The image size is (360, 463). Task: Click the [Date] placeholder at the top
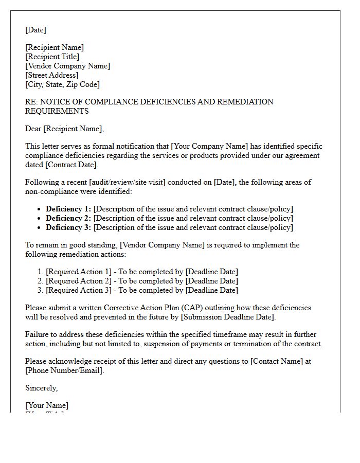[35, 30]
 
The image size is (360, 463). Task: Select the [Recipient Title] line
[52, 57]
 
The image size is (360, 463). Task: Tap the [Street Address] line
[52, 75]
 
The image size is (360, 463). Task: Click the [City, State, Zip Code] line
[62, 84]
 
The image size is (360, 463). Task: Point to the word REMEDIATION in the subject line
[245, 102]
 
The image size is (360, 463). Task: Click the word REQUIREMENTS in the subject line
[57, 111]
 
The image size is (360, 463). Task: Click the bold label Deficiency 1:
[68, 209]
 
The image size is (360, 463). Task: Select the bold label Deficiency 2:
[68, 218]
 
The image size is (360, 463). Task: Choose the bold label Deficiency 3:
[68, 227]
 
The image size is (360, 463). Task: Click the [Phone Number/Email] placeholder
[64, 370]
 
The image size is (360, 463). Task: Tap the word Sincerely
[41, 388]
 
